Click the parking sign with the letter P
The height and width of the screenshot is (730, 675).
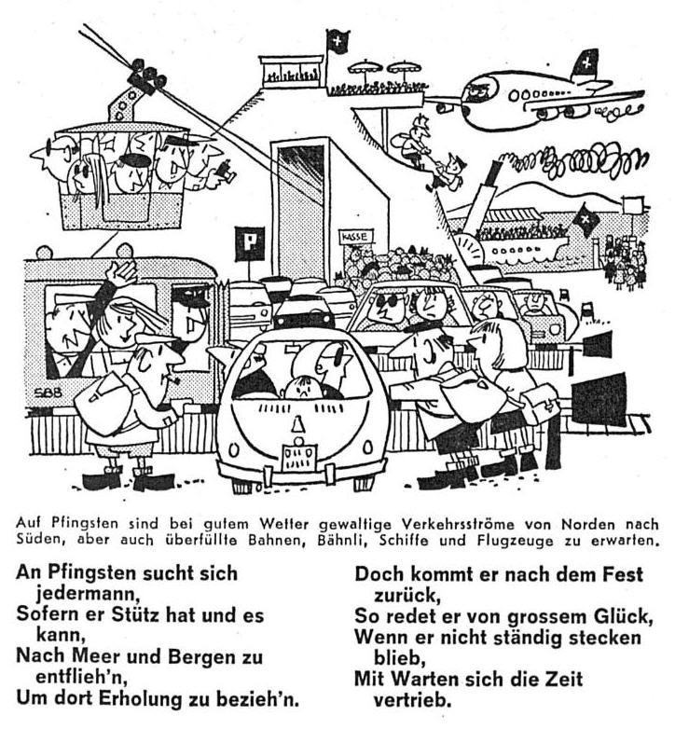click(x=250, y=243)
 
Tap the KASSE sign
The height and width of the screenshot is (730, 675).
click(x=356, y=237)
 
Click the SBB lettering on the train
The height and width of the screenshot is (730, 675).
click(x=48, y=393)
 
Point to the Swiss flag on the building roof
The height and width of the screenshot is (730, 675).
click(x=337, y=42)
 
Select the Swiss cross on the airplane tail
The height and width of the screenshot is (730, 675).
click(x=586, y=62)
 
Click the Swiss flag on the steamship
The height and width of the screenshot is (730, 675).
click(x=585, y=219)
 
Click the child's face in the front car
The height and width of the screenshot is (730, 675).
click(x=301, y=387)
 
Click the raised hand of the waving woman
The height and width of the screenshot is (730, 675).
click(x=121, y=271)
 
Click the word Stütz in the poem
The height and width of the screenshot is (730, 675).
click(x=134, y=614)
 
